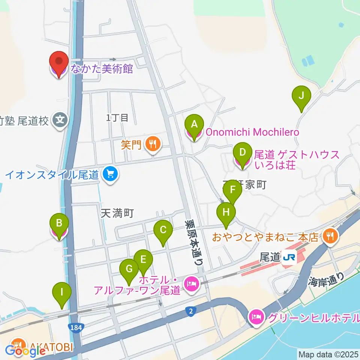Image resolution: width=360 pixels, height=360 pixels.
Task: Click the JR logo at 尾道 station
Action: pyautogui.click(x=289, y=257)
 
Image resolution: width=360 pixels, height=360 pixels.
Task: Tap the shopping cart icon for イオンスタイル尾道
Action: pyautogui.click(x=110, y=174)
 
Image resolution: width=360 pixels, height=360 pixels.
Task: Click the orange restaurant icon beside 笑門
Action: pyautogui.click(x=152, y=144)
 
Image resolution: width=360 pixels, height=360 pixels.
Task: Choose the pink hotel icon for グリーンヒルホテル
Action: pyautogui.click(x=257, y=317)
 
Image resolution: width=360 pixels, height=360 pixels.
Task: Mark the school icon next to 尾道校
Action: pyautogui.click(x=60, y=120)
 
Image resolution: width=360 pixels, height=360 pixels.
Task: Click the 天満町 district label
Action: pyautogui.click(x=117, y=213)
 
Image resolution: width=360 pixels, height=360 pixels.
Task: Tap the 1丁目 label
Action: pyautogui.click(x=117, y=118)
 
